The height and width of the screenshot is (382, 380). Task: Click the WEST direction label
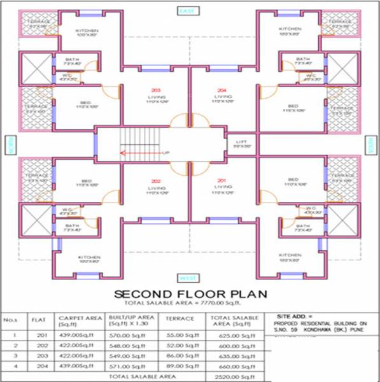pyautogui.click(x=186, y=278)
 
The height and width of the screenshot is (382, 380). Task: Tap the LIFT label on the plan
pyautogui.click(x=240, y=141)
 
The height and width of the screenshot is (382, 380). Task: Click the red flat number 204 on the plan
pyautogui.click(x=221, y=89)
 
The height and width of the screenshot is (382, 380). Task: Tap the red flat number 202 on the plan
pyautogui.click(x=156, y=181)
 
